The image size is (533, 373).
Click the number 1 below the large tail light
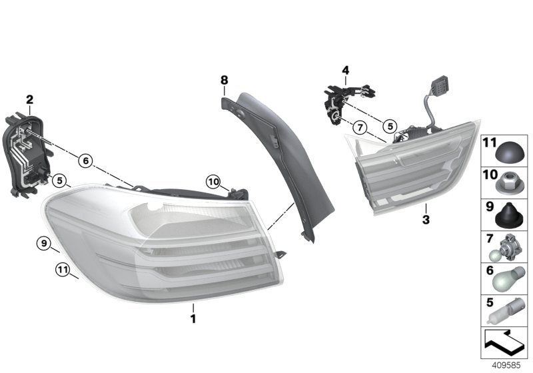pyautogui.click(x=193, y=320)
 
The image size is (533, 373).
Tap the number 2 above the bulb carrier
pyautogui.click(x=29, y=100)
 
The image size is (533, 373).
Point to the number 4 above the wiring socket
pyautogui.click(x=345, y=70)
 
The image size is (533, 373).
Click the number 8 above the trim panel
pyautogui.click(x=225, y=81)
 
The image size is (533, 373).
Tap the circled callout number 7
pyautogui.click(x=360, y=127)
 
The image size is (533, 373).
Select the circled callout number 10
pyautogui.click(x=213, y=181)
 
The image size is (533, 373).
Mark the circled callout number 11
pyautogui.click(x=62, y=270)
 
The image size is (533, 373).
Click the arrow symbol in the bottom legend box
pyautogui.click(x=504, y=344)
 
